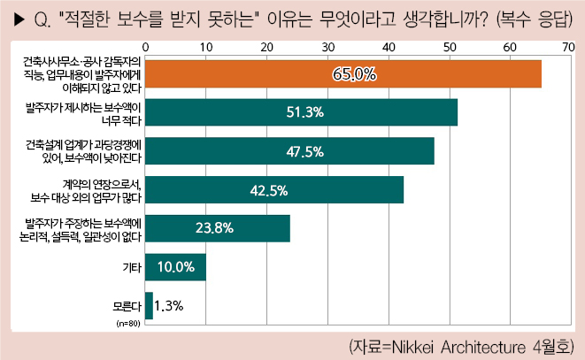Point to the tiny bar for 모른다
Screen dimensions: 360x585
(149, 305)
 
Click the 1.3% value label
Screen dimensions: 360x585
(168, 305)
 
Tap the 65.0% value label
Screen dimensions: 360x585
(354, 74)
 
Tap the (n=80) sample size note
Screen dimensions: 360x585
(129, 325)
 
